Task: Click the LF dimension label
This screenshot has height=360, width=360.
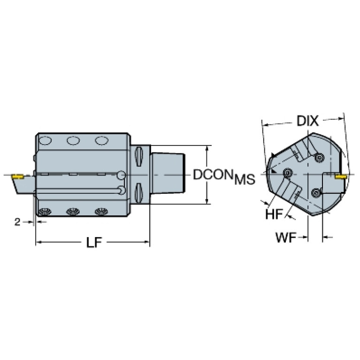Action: tap(94, 243)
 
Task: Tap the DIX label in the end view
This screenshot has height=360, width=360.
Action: tap(307, 121)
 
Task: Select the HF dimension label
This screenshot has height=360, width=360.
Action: tap(274, 214)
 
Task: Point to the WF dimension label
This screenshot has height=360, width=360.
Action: tap(286, 237)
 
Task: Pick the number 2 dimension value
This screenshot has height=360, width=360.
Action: tap(17, 222)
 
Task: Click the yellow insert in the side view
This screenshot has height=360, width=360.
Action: tap(17, 176)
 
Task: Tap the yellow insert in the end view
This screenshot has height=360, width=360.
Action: tap(341, 176)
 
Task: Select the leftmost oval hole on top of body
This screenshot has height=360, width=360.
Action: tap(45, 140)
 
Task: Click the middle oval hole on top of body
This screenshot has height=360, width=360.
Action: tap(73, 140)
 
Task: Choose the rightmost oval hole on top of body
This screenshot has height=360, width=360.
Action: tap(102, 140)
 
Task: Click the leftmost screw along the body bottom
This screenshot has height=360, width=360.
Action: tap(45, 212)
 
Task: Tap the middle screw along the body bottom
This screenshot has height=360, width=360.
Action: tap(73, 212)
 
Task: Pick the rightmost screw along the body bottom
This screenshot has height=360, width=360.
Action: tap(101, 212)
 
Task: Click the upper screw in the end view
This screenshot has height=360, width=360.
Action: tap(319, 158)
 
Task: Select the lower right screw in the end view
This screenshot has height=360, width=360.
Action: tap(316, 192)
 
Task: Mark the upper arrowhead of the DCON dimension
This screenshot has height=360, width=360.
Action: tap(207, 148)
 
